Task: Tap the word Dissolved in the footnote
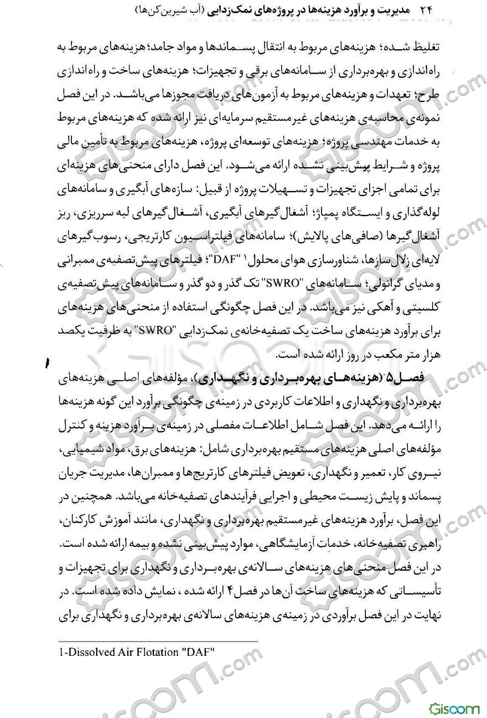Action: point(88,652)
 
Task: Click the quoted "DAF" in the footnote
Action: point(198,652)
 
